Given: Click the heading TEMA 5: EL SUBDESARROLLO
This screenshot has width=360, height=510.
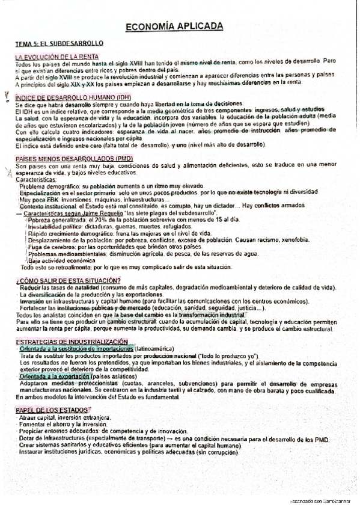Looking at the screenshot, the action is (x=59, y=44).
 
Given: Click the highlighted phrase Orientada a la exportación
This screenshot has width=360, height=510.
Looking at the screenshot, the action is (x=55, y=376).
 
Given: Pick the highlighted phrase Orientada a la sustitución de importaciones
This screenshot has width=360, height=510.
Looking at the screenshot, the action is (x=76, y=349).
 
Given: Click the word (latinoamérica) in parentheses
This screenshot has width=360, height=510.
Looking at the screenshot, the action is (x=155, y=349).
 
